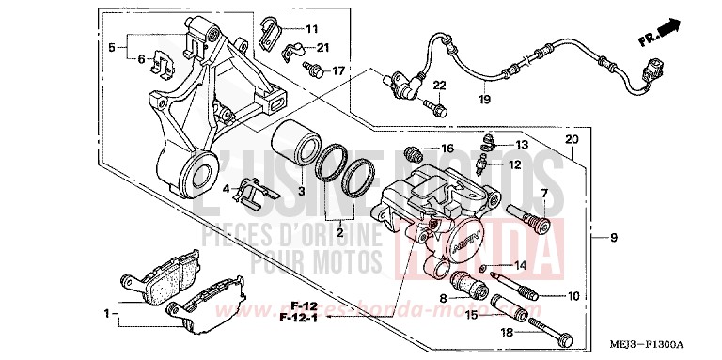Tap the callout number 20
(572, 140)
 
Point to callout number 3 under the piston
(303, 191)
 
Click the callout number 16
(447, 149)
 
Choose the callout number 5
(111, 46)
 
